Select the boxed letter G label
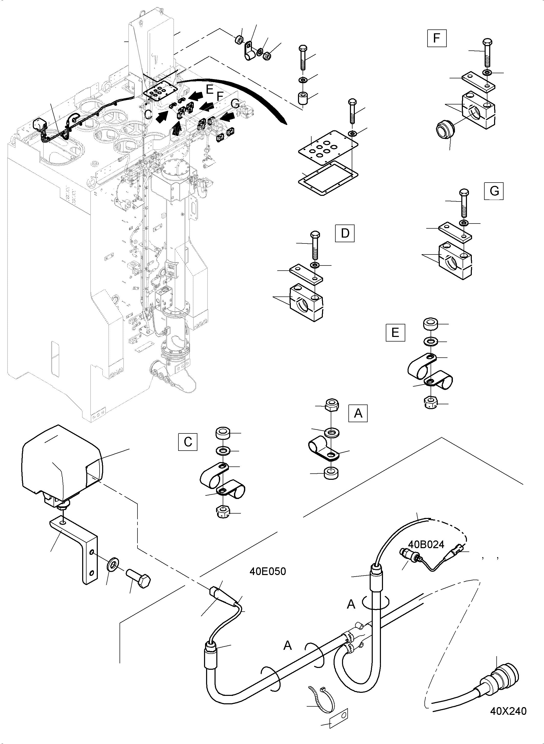pos(494,191)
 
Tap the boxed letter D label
pos(345,233)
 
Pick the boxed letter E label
pos(395,332)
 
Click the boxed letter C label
pos(188,442)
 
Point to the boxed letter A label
pos(358,413)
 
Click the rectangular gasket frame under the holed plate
pos(328,178)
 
